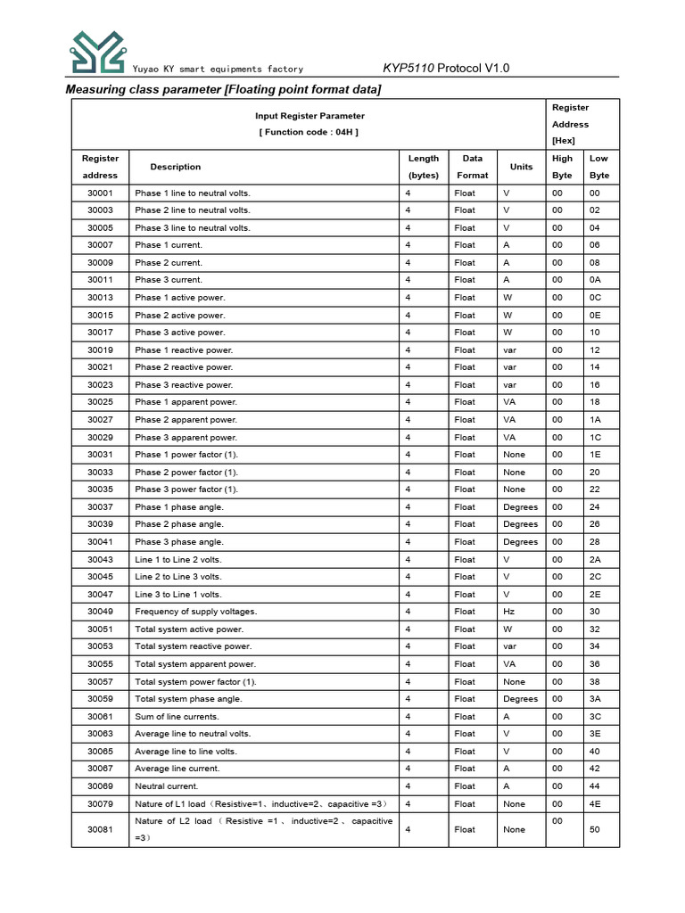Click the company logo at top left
pyautogui.click(x=98, y=52)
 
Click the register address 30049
pyautogui.click(x=100, y=612)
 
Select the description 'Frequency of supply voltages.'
pyautogui.click(x=195, y=612)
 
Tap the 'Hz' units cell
pyautogui.click(x=509, y=612)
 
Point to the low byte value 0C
pyautogui.click(x=595, y=298)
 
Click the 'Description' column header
pyautogui.click(x=176, y=167)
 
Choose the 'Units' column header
pyautogui.click(x=521, y=167)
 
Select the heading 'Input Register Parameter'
pyautogui.click(x=309, y=116)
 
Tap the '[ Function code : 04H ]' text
pyautogui.click(x=309, y=132)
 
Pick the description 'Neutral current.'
pyautogui.click(x=166, y=786)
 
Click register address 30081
pyautogui.click(x=100, y=829)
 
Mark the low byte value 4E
pyautogui.click(x=595, y=804)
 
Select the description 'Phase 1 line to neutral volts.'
pyautogui.click(x=193, y=193)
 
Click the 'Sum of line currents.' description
pyautogui.click(x=177, y=717)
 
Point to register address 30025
pyautogui.click(x=100, y=402)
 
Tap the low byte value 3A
pyautogui.click(x=595, y=699)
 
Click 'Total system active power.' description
pyautogui.click(x=188, y=629)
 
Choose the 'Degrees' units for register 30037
pyautogui.click(x=521, y=507)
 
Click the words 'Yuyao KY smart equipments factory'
pyautogui.click(x=218, y=70)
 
